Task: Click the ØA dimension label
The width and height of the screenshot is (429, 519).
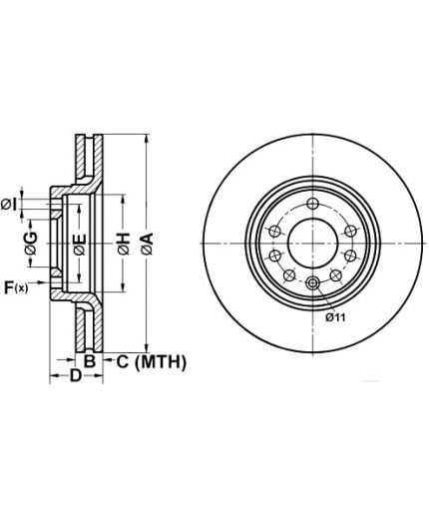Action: click(x=147, y=244)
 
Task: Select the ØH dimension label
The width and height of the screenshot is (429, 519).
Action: click(x=123, y=244)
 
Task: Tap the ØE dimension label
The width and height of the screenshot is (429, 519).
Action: click(x=80, y=245)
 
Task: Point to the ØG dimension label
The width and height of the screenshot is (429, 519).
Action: click(x=31, y=244)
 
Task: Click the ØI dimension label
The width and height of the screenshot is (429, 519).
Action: click(x=9, y=205)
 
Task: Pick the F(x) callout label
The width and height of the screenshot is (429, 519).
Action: click(x=16, y=287)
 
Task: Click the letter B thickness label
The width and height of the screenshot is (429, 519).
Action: click(x=90, y=361)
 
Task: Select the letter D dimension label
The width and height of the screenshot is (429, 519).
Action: click(x=76, y=375)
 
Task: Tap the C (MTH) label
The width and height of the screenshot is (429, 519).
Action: click(x=152, y=362)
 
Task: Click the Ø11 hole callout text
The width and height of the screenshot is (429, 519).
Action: click(x=335, y=317)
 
